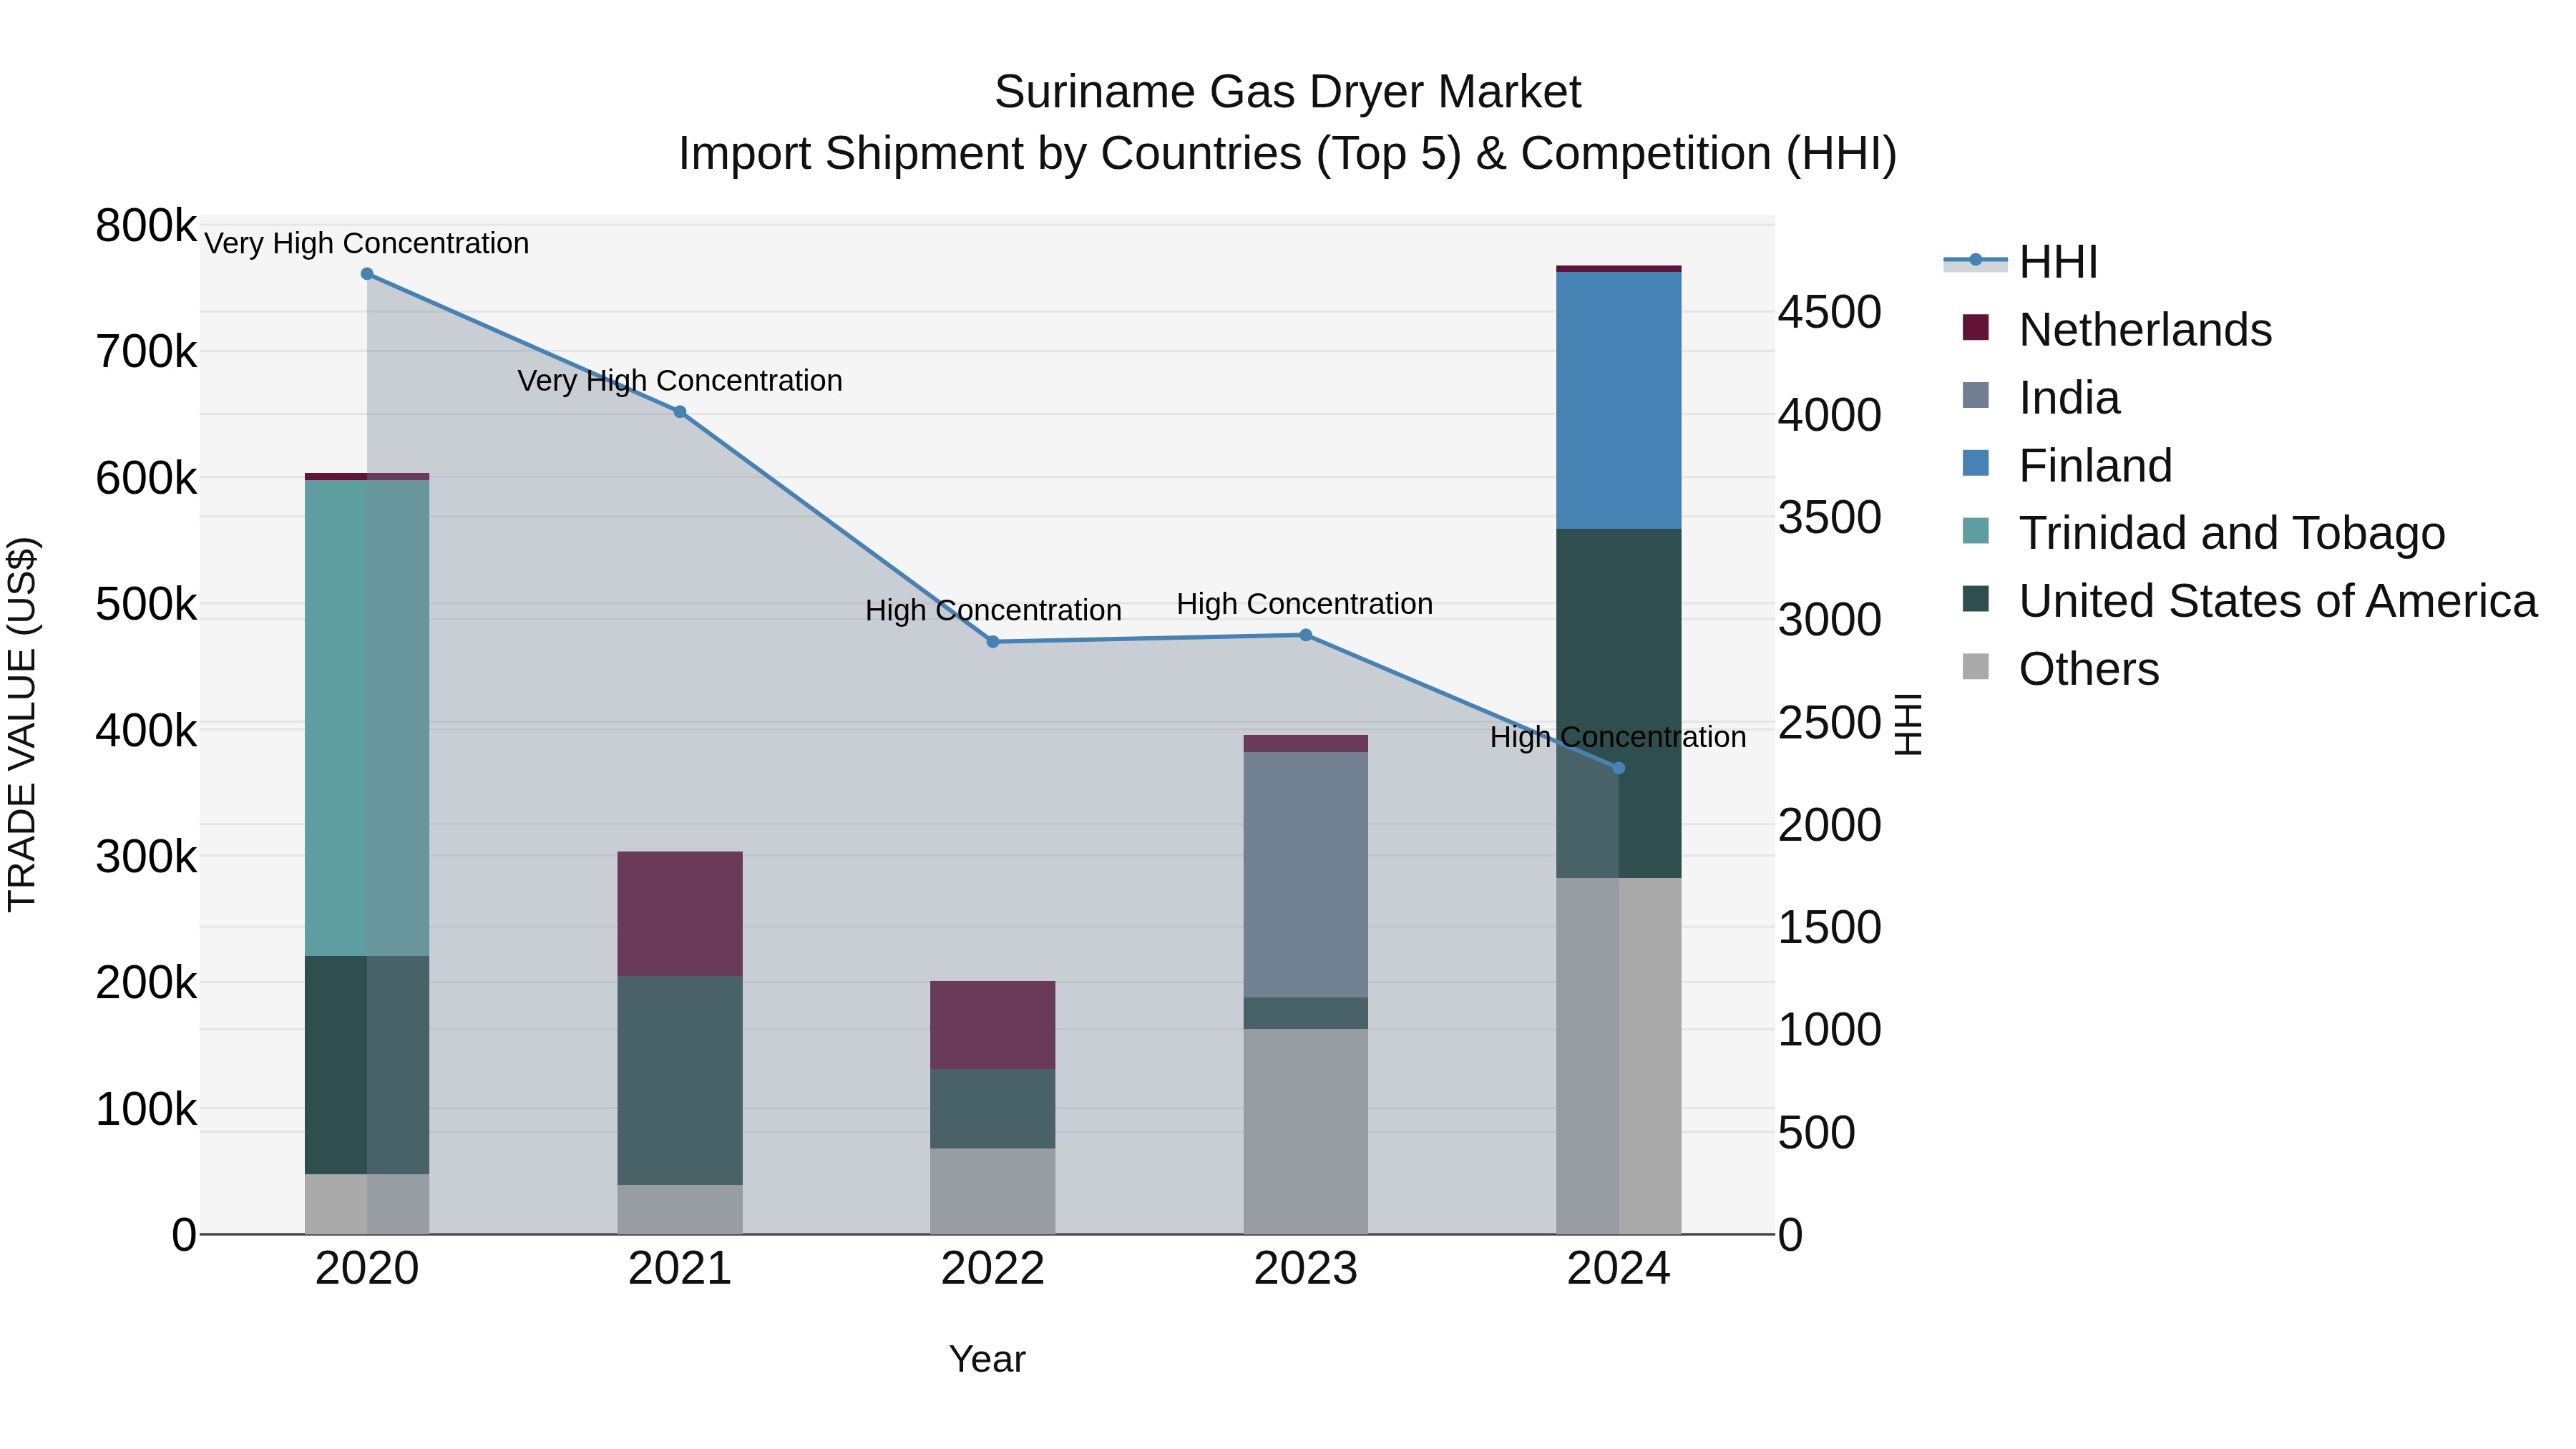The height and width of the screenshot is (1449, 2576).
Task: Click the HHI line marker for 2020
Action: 367,274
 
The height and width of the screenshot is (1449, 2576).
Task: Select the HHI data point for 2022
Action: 993,642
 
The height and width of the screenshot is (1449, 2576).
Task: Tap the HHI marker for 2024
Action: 1619,768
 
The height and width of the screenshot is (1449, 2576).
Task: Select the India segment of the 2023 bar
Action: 1305,875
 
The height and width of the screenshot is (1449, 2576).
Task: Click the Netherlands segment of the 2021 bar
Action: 680,914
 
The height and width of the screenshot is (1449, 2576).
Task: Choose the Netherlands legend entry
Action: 2145,330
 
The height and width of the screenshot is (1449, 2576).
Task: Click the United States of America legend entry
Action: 2277,602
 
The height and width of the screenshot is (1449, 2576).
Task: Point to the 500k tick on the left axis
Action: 146,605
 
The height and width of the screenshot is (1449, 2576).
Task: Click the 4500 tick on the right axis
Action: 1829,312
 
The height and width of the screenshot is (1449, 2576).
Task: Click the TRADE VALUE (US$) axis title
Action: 22,725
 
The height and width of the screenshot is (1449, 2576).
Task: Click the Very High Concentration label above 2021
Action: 680,381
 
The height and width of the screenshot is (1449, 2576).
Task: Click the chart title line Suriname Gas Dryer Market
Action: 1287,92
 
